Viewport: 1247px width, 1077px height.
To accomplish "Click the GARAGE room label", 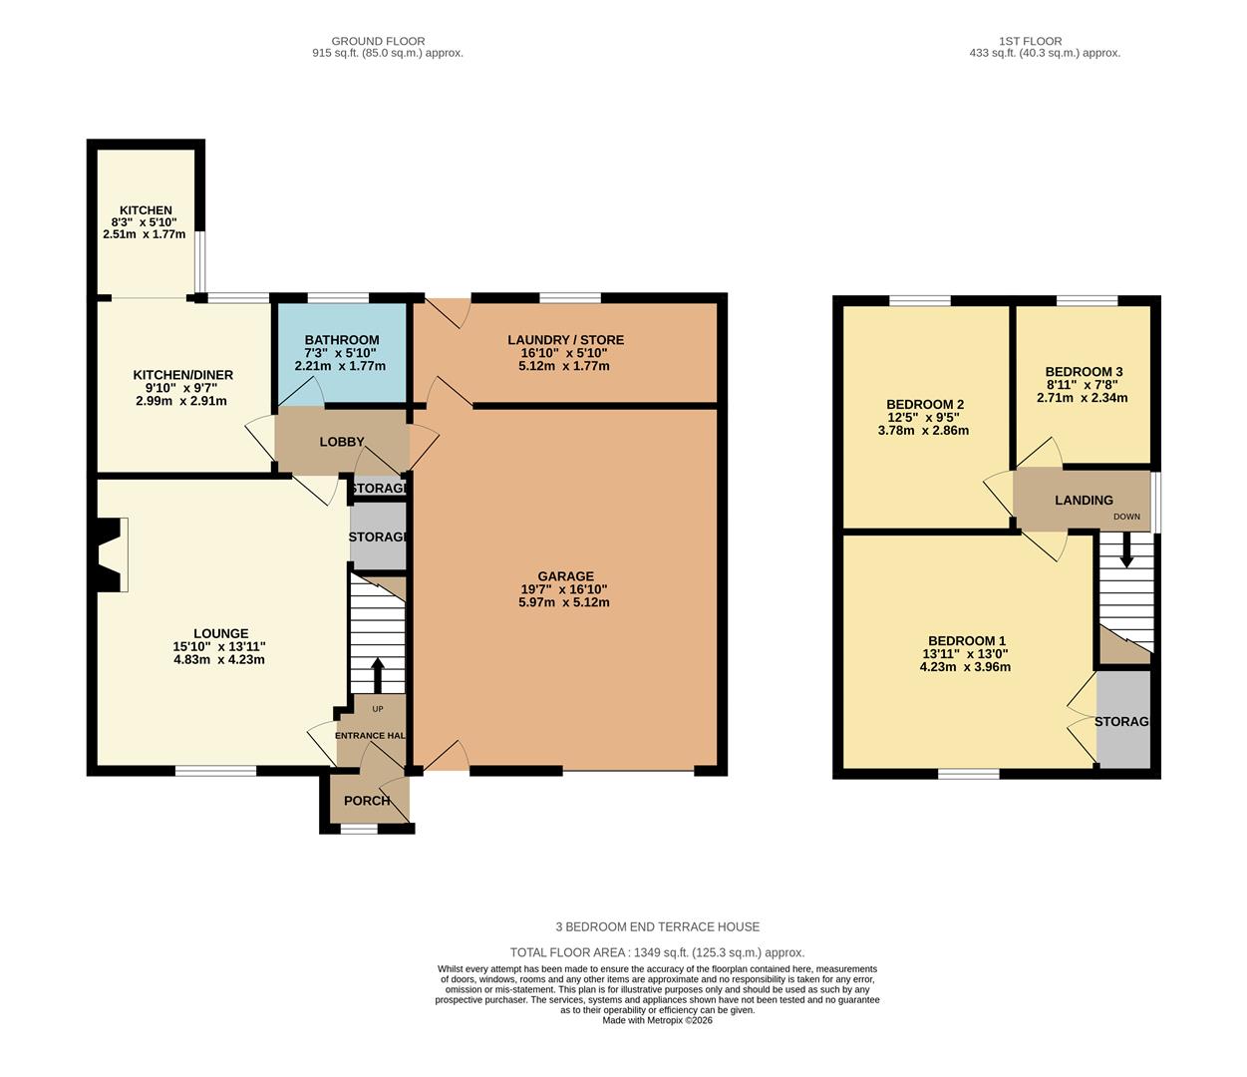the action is pyautogui.click(x=565, y=576).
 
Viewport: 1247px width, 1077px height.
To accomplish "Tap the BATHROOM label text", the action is pyautogui.click(x=342, y=340).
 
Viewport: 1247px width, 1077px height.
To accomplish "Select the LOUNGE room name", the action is pyautogui.click(x=221, y=633).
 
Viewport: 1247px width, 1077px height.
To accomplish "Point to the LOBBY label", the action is pyautogui.click(x=342, y=442).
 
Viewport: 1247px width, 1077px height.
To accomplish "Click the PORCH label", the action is pyautogui.click(x=367, y=801).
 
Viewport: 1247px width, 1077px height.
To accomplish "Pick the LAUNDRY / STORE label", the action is pyautogui.click(x=565, y=340).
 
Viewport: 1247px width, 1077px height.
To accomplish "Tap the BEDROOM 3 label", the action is pyautogui.click(x=1084, y=372).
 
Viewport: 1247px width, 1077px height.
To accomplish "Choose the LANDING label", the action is pyautogui.click(x=1084, y=500).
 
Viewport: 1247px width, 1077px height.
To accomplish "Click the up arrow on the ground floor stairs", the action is pyautogui.click(x=378, y=675).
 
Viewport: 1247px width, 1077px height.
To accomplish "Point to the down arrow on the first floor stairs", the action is pyautogui.click(x=1125, y=550).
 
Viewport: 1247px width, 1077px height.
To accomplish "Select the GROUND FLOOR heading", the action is pyautogui.click(x=378, y=41).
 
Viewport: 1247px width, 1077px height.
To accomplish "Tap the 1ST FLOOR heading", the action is pyautogui.click(x=1030, y=41).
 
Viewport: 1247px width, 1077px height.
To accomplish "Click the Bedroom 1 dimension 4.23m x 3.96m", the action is pyautogui.click(x=965, y=667).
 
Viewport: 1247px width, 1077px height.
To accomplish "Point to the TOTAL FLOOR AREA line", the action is pyautogui.click(x=657, y=952).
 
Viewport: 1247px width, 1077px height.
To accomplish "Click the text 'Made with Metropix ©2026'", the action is pyautogui.click(x=657, y=1020).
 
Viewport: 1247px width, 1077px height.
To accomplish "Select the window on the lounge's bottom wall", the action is pyautogui.click(x=216, y=771).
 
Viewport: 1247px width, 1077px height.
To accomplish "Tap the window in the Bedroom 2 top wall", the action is pyautogui.click(x=919, y=300).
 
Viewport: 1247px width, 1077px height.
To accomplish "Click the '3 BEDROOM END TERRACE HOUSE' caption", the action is pyautogui.click(x=657, y=926).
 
